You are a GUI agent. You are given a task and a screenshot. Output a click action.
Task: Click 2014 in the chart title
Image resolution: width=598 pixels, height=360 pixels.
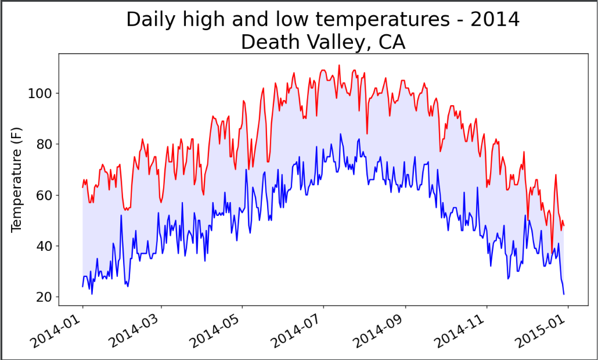pos(495,19)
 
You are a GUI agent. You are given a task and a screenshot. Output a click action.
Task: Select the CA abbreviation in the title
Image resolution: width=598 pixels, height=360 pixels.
pos(392,42)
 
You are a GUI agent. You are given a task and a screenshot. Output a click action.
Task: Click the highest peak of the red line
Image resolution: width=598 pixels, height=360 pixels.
pos(339,65)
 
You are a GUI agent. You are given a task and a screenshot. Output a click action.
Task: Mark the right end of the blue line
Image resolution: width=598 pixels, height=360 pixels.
pos(564,294)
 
